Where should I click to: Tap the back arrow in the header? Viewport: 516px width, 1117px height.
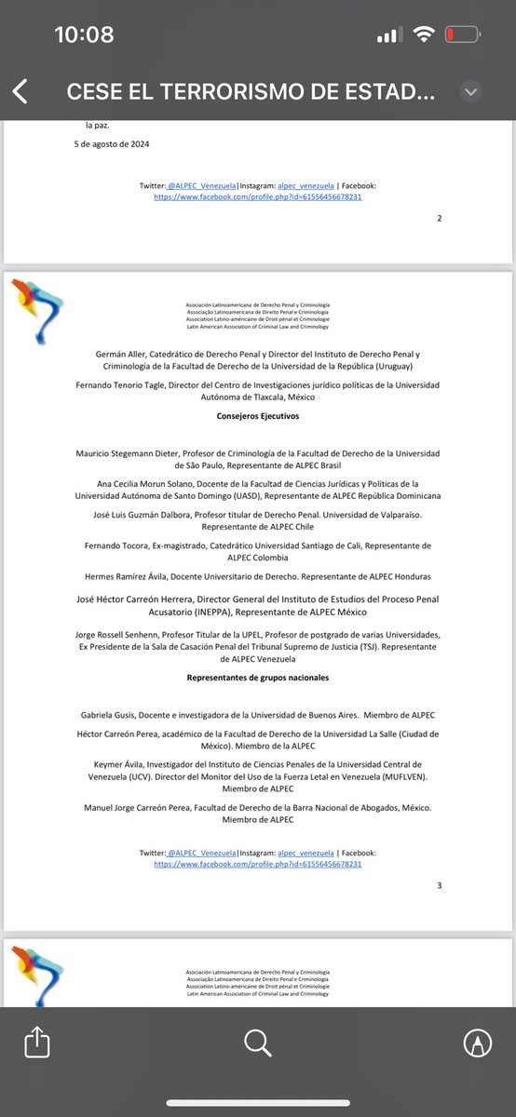20,92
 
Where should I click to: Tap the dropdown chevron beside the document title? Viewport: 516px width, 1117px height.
470,92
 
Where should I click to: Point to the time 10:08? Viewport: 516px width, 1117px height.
84,35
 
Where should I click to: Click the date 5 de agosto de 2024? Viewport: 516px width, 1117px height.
112,144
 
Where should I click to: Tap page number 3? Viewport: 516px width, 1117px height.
440,884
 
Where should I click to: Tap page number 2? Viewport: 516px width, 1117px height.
440,218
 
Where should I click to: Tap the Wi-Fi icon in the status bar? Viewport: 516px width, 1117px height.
425,35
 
